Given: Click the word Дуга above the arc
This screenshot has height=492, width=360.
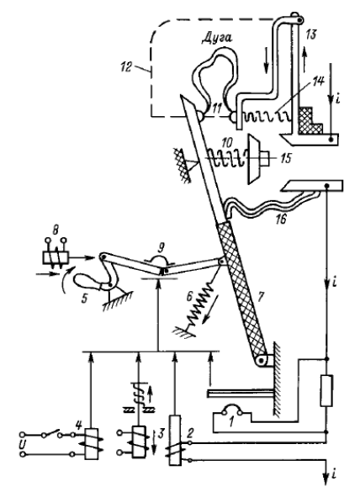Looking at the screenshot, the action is click(216, 37).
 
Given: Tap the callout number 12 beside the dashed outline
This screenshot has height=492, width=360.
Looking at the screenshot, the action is click(126, 67).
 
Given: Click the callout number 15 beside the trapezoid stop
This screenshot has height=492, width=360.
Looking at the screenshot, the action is click(286, 158).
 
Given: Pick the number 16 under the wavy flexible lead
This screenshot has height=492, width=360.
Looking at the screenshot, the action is click(281, 219).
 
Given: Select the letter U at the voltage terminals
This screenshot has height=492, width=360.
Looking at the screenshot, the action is click(22, 445).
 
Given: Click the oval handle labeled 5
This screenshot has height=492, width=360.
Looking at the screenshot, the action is click(87, 281).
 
